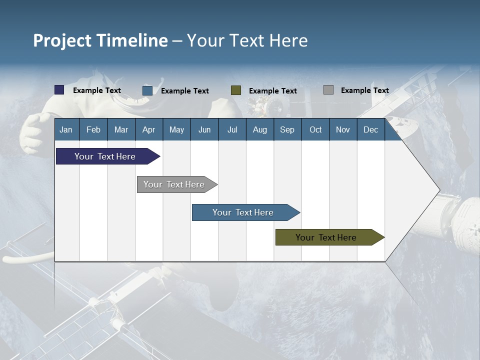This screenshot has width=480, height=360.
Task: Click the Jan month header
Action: tap(66, 129)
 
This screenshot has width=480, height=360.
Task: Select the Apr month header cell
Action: tap(148, 129)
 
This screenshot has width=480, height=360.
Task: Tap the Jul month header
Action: tap(232, 129)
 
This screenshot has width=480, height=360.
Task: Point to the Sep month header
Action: tap(287, 129)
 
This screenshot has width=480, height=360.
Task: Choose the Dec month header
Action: tap(370, 129)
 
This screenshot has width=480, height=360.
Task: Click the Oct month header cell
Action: tap(315, 129)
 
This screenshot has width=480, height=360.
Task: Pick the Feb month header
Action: tap(93, 129)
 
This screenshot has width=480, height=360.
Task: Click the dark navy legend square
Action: tap(59, 90)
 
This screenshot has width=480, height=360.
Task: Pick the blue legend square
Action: tap(147, 90)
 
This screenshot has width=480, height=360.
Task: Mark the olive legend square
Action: tap(236, 90)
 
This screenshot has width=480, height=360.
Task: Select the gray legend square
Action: tap(328, 90)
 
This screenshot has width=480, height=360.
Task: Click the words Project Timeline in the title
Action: tap(100, 40)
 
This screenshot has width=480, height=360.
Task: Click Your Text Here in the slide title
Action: tap(247, 40)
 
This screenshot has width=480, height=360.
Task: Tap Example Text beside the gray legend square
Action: tap(364, 90)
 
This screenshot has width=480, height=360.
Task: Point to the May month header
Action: tap(176, 129)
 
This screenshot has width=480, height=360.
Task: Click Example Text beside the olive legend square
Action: tap(272, 91)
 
